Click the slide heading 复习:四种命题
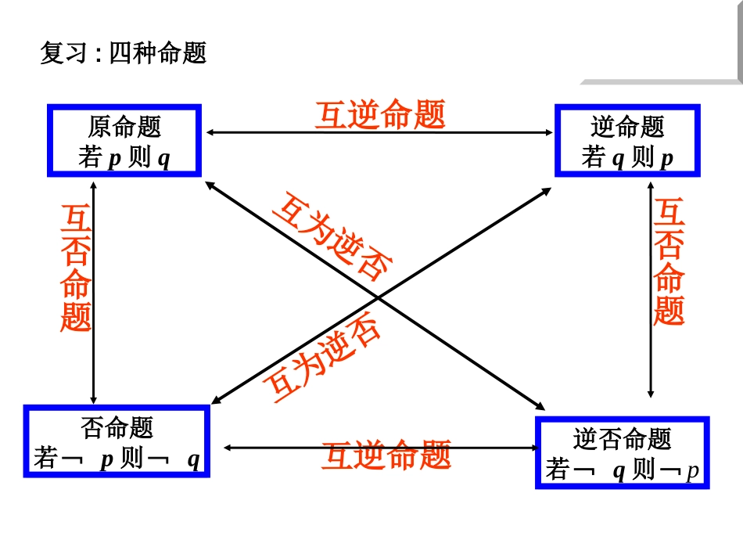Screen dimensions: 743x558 (x=124, y=53)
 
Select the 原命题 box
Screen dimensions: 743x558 (x=124, y=141)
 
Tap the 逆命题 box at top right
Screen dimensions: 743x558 (x=627, y=141)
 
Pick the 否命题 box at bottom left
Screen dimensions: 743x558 (x=117, y=441)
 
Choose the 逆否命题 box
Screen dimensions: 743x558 (x=622, y=452)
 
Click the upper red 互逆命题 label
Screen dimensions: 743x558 (x=380, y=115)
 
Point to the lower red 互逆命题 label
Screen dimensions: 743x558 (x=386, y=455)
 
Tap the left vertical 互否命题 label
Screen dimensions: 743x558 (x=76, y=268)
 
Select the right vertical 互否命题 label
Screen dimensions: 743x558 (x=669, y=262)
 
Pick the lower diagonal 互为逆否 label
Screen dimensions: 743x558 (x=322, y=358)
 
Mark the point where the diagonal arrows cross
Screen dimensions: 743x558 (x=378, y=297)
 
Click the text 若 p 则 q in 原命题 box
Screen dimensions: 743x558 (x=124, y=158)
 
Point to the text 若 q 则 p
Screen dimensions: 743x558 (x=627, y=158)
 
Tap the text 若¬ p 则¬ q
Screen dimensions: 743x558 (x=117, y=459)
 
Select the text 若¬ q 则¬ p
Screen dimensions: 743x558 (x=622, y=470)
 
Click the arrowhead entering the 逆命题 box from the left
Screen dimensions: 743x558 (x=547, y=133)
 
